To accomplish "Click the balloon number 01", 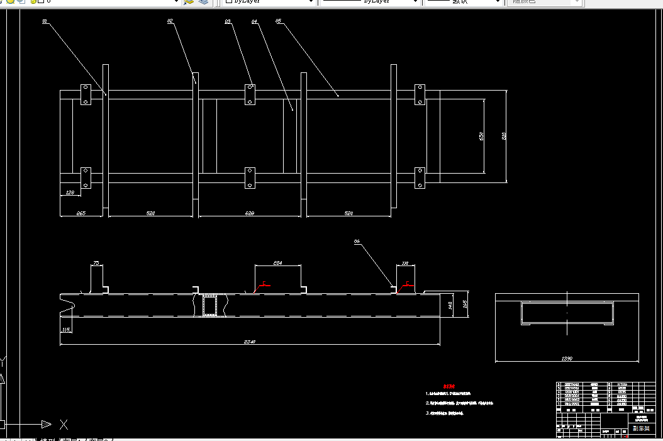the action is click(x=45, y=21).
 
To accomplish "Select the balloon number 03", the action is click(x=227, y=21).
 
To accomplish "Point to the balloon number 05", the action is click(x=278, y=21).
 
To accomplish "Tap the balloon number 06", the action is click(x=357, y=241).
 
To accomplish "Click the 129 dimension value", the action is click(x=69, y=192).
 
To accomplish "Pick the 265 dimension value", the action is click(x=81, y=214).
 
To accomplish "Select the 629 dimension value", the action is click(x=249, y=214).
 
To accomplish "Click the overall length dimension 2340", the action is click(x=250, y=342).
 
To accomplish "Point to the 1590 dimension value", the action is click(x=567, y=359).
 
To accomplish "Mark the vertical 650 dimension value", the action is click(x=482, y=136).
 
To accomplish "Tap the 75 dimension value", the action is click(x=96, y=262).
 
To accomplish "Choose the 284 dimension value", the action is click(x=277, y=262).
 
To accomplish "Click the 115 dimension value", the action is click(x=66, y=329).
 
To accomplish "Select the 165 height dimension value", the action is click(x=465, y=305).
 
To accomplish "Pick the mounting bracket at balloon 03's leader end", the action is click(x=250, y=94).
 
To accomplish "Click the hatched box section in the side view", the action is click(x=209, y=306).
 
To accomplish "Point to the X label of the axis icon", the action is click(x=64, y=424).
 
